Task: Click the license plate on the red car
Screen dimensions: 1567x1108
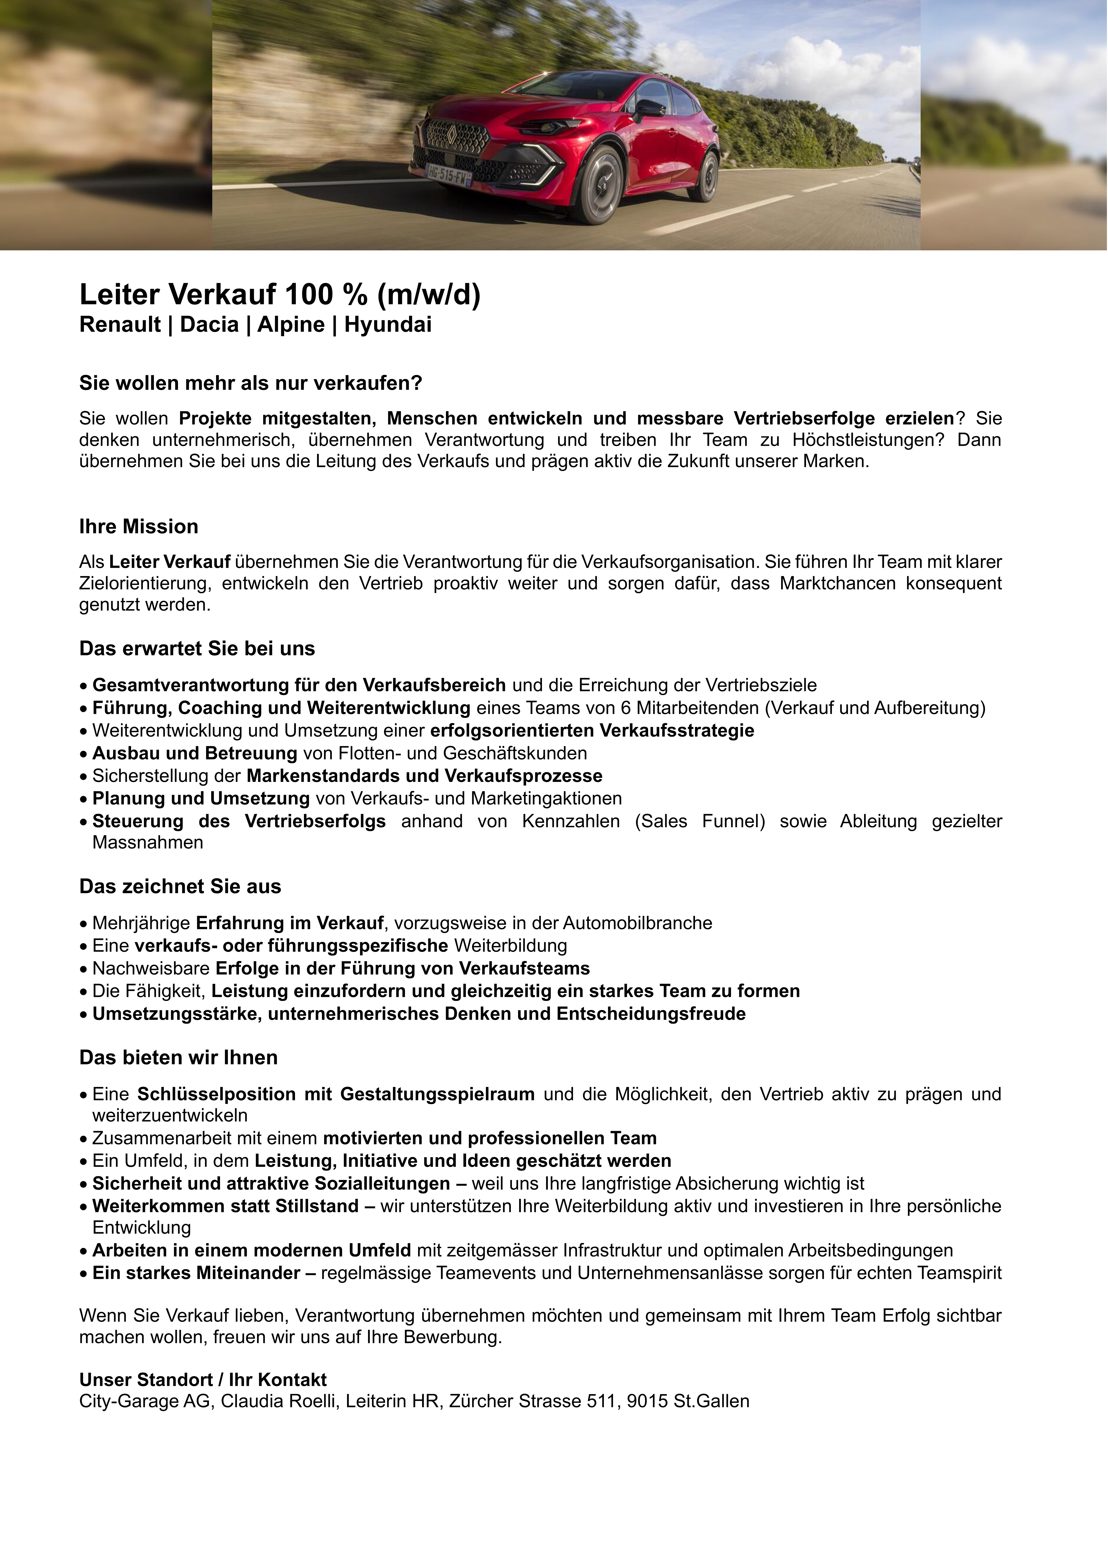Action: [448, 175]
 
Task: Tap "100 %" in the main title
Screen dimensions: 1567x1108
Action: [325, 295]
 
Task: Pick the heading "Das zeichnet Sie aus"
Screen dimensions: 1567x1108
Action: [180, 886]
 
